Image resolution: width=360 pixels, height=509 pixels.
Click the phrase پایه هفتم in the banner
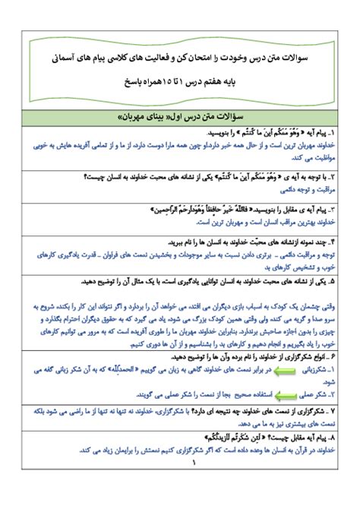[238, 78]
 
